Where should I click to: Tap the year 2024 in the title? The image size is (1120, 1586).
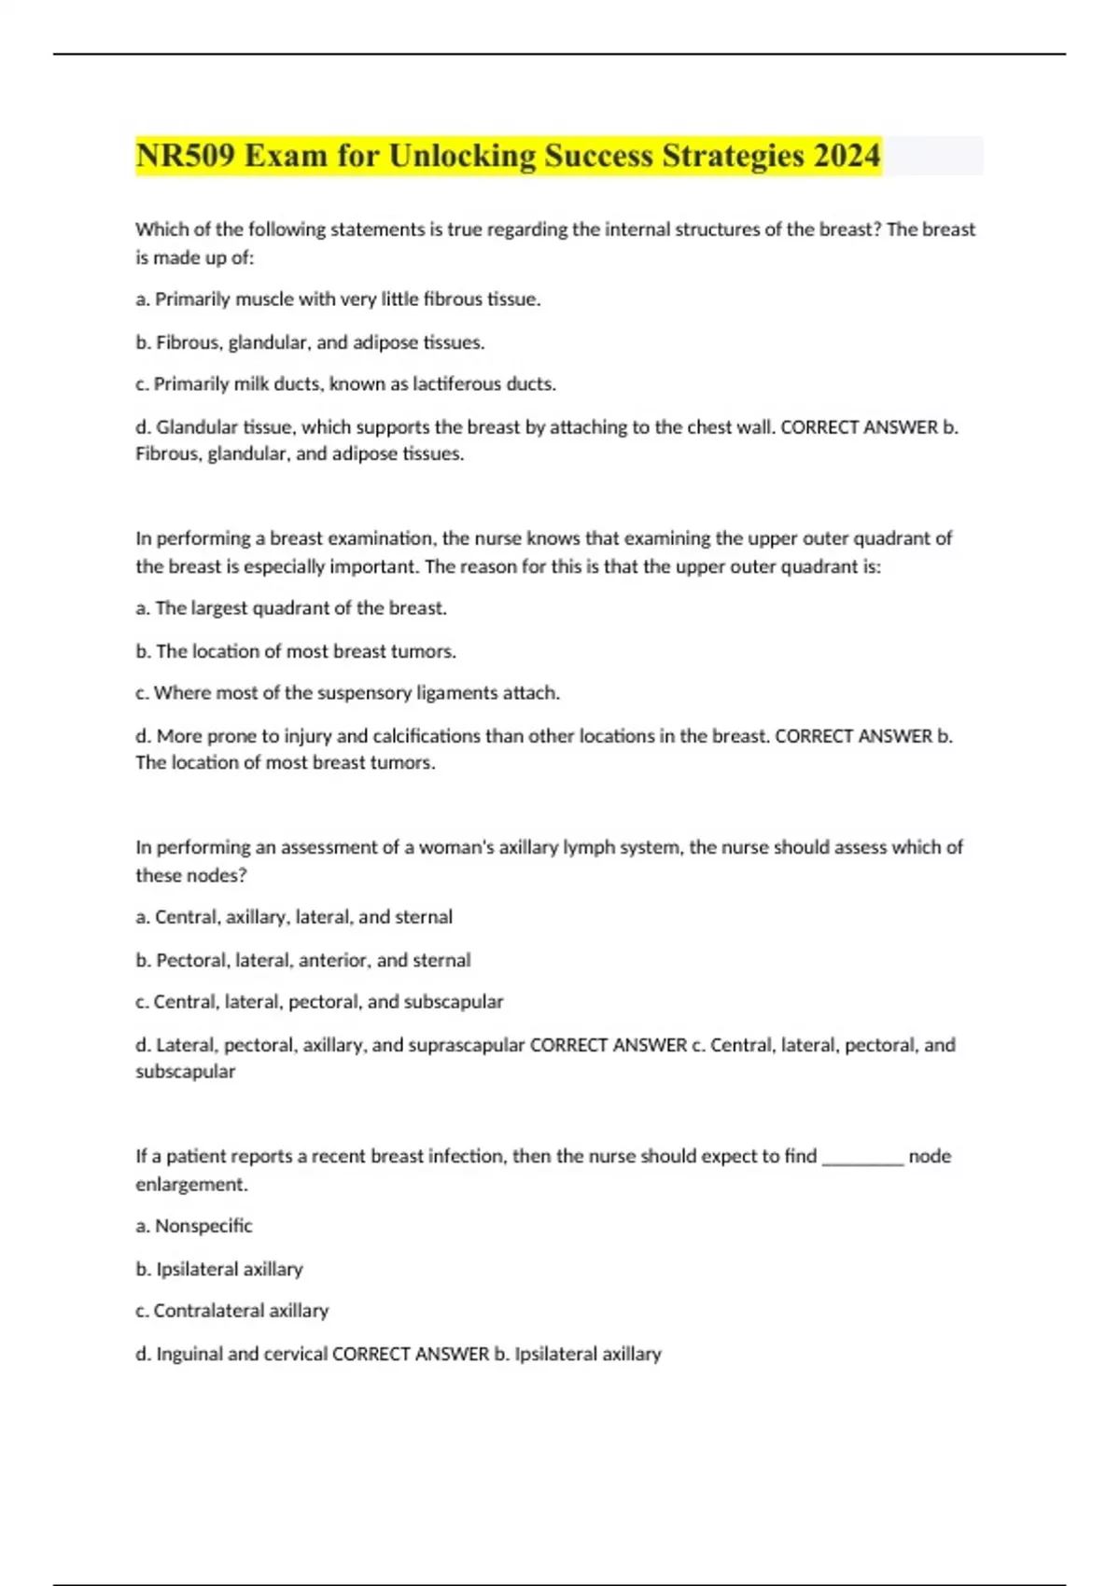(x=846, y=156)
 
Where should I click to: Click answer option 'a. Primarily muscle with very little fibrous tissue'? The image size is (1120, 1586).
(x=338, y=299)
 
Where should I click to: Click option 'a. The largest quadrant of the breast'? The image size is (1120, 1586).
(x=291, y=608)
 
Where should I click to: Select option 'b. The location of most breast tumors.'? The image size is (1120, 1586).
(x=296, y=651)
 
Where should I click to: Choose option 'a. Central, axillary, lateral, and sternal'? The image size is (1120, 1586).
(x=294, y=917)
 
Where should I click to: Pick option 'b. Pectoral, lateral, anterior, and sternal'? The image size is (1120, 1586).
(x=303, y=960)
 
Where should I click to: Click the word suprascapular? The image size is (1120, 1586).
(x=472, y=1045)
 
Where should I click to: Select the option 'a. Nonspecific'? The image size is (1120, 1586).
(x=194, y=1226)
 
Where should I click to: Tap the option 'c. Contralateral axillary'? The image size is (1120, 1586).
(x=232, y=1311)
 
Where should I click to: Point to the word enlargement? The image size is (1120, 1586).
(x=191, y=1185)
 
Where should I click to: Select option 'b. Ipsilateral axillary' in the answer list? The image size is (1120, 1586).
(x=219, y=1269)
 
